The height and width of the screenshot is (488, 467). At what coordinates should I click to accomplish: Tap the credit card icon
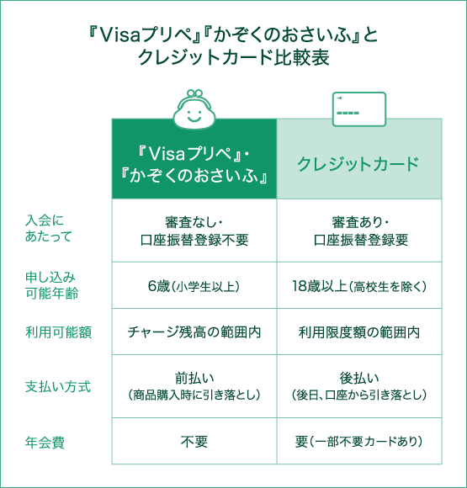click(359, 109)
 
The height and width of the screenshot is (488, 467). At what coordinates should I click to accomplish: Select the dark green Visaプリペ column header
click(194, 159)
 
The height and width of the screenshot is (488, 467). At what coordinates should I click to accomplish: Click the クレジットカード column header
click(359, 159)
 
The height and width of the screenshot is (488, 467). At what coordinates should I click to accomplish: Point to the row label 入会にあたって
click(48, 229)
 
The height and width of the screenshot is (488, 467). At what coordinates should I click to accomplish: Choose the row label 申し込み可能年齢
click(51, 285)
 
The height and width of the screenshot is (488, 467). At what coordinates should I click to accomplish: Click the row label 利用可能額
click(59, 332)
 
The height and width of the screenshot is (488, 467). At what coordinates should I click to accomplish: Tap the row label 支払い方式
click(58, 386)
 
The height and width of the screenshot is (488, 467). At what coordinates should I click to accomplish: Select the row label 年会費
click(45, 442)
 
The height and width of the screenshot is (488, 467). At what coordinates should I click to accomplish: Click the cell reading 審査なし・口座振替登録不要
click(194, 231)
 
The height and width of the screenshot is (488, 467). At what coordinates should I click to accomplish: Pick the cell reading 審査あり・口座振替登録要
click(359, 231)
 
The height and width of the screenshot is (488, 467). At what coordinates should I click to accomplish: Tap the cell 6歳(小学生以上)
click(194, 285)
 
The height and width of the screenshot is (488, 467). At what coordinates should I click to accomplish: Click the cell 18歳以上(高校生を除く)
click(359, 285)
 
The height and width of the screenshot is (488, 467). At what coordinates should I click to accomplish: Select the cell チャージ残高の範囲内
click(194, 332)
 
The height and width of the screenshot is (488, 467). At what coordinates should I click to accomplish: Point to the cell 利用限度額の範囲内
click(359, 332)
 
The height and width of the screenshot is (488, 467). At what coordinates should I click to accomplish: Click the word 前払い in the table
click(194, 378)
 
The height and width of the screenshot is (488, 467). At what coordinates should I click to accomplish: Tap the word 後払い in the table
click(359, 378)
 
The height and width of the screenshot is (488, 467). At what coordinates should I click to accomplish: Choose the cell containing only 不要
click(194, 441)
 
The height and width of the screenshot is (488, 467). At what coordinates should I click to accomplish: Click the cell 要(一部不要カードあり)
click(359, 441)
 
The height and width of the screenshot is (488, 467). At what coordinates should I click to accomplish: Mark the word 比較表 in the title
click(301, 57)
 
